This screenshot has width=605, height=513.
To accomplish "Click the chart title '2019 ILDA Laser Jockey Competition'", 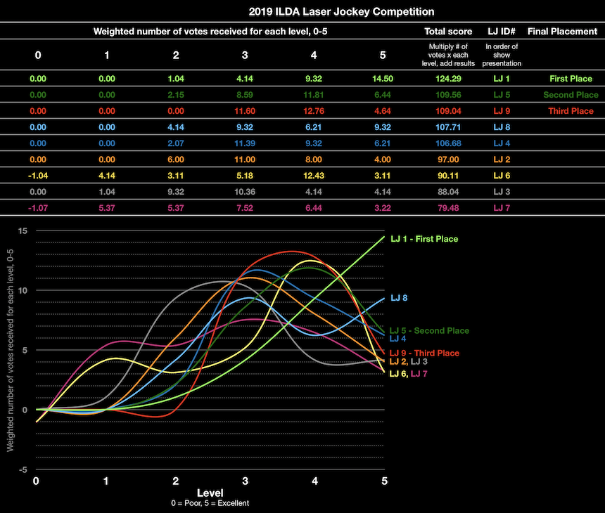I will click(x=341, y=12).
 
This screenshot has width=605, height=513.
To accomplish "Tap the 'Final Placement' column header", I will click(x=561, y=32).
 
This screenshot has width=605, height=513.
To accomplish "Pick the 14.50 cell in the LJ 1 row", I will click(x=382, y=79).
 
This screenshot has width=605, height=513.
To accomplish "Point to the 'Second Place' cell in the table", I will click(x=571, y=95).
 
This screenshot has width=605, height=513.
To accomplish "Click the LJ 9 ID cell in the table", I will click(x=502, y=111).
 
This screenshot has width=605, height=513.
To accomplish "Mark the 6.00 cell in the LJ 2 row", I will click(x=176, y=160).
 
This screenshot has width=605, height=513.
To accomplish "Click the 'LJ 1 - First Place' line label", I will click(x=424, y=239).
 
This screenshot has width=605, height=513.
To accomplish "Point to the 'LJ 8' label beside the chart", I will click(x=399, y=298).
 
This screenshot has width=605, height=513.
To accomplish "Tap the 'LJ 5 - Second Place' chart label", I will click(x=429, y=330).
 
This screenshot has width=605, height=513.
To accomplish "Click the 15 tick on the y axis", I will click(x=23, y=231).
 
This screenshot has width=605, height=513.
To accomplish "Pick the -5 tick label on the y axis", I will click(x=23, y=469).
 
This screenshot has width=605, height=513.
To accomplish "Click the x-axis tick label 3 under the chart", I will click(x=245, y=481).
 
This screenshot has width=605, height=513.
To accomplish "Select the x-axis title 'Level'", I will click(x=210, y=493).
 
